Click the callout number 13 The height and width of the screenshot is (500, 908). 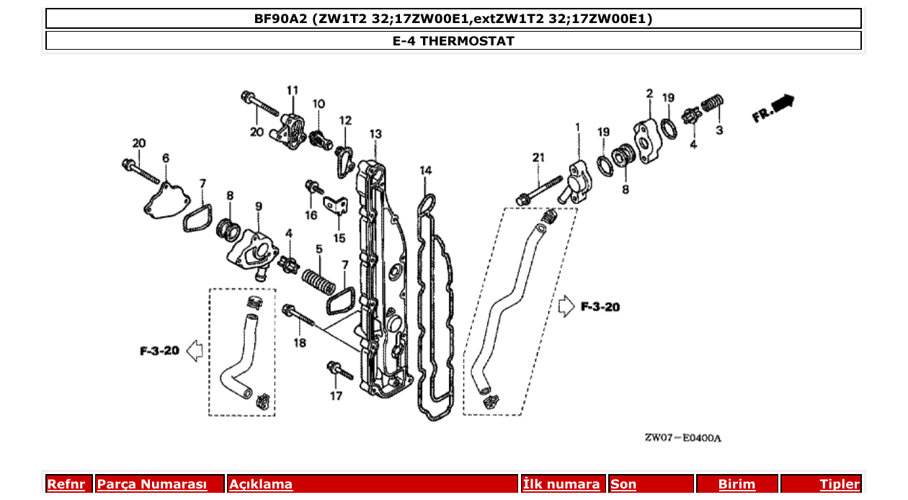375,134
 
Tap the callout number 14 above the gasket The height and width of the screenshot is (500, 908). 426,171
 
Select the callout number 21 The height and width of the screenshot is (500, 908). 539,158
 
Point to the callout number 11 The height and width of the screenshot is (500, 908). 292,90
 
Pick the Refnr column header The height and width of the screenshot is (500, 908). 66,484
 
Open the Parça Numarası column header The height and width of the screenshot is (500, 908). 152,484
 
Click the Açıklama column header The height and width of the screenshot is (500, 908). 261,484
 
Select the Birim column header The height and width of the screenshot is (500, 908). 736,484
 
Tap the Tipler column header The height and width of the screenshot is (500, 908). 840,484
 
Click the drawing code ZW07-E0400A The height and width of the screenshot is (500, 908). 682,438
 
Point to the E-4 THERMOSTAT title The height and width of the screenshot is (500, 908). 453,41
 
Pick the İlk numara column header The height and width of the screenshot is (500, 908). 561,484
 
